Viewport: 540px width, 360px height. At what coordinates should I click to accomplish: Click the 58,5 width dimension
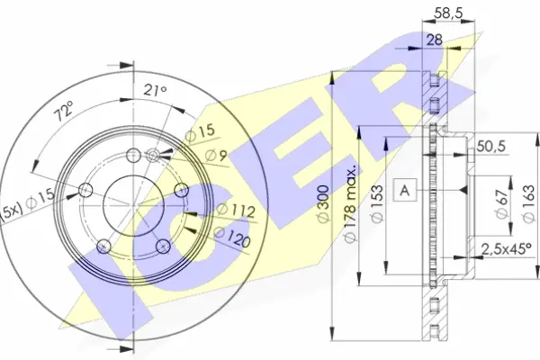(x=447, y=13)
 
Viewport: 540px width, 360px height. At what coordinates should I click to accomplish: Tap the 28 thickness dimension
(x=435, y=40)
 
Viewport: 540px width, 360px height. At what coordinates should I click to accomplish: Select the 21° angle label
(x=155, y=90)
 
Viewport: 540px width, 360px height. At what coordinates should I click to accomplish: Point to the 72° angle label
(x=64, y=111)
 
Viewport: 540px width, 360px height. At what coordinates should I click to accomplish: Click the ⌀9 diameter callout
(x=216, y=156)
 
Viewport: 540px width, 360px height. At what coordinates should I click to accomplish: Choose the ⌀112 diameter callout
(x=236, y=211)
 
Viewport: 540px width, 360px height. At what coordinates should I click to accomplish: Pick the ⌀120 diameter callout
(x=232, y=237)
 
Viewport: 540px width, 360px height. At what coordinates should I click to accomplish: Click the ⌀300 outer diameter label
(x=323, y=204)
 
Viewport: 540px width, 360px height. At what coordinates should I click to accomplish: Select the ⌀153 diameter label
(x=377, y=204)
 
